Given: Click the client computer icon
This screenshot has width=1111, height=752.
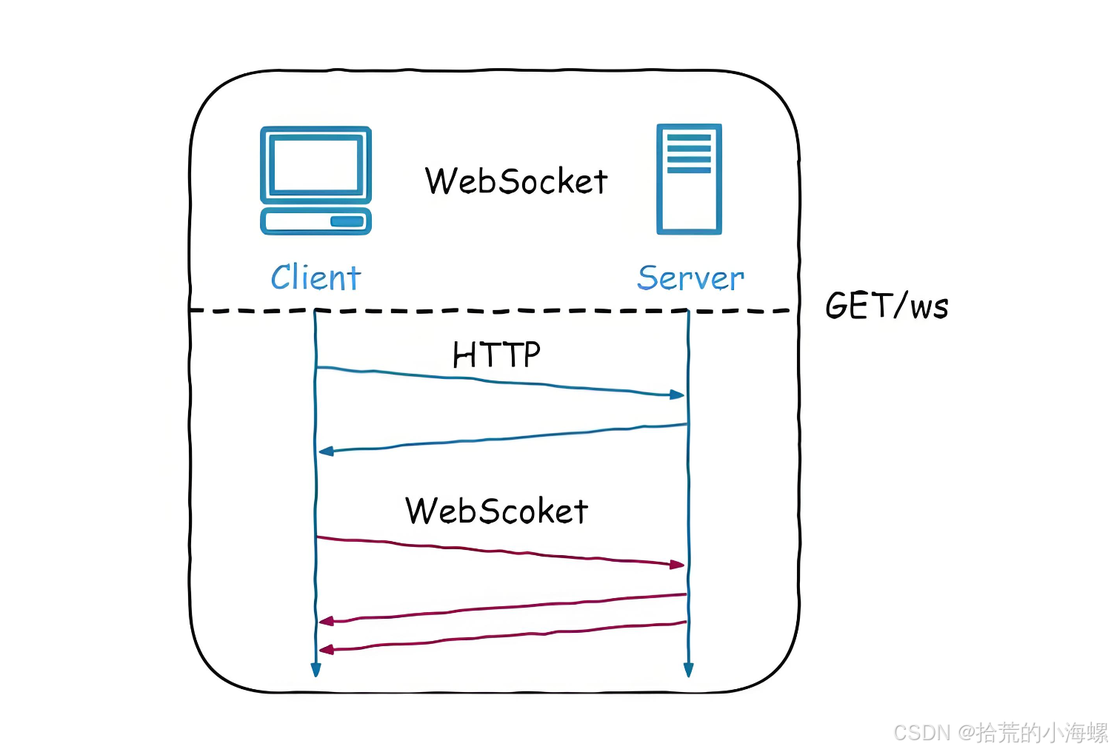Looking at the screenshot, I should coord(316,180).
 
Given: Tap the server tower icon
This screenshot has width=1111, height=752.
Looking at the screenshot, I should coord(689,179).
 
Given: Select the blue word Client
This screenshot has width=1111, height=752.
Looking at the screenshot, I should coord(316,278).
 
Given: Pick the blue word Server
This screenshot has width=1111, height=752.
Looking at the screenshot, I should coord(690,278).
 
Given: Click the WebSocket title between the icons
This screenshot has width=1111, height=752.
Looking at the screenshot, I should coord(516,181).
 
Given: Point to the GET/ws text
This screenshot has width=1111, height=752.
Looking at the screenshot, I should coord(887,306).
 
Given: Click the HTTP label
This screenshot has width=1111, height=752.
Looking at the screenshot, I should coord(496,355).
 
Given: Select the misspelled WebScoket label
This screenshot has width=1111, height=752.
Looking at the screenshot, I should coord(496,511).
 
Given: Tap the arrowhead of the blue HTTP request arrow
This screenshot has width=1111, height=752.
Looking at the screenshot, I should coord(678,395).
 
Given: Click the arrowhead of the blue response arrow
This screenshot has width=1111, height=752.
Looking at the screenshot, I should coord(326,451).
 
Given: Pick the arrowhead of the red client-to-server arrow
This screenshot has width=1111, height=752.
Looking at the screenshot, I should coord(678,565).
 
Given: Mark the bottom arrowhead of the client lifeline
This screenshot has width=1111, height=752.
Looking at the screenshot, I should coord(316,670).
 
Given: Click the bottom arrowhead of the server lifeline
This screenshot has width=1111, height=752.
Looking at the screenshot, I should coord(688,670).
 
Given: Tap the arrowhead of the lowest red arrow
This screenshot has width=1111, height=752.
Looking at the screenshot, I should coord(326,649).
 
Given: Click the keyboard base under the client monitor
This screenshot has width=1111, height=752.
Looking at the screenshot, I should coord(316,221).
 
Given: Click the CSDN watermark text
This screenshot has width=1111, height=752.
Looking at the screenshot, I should coord(1000,733).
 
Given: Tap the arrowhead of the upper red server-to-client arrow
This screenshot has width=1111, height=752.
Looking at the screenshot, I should coord(326,621).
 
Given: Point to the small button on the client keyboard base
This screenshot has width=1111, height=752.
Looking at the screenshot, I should coord(347,221).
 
